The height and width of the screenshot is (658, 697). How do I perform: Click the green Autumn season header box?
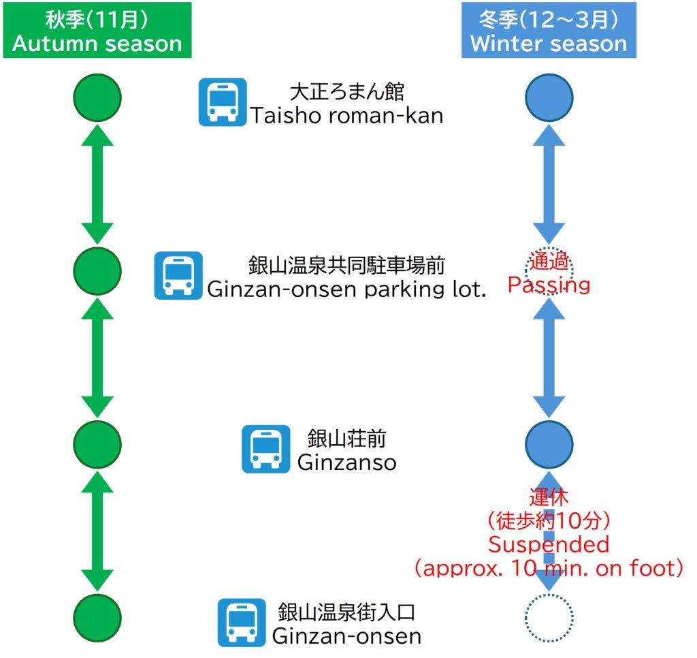[97, 31]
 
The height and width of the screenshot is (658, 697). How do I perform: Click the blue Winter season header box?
[549, 31]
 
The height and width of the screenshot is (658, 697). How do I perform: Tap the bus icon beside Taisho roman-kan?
[223, 102]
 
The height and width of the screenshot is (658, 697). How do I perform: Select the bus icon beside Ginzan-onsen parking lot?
[178, 275]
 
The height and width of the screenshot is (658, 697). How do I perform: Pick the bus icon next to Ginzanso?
[266, 450]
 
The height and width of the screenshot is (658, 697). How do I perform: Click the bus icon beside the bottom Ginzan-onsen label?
[242, 623]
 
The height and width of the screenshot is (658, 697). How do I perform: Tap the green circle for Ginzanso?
[97, 445]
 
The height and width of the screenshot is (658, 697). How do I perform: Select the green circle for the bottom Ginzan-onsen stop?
[97, 618]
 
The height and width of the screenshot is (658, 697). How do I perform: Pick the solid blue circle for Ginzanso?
[549, 445]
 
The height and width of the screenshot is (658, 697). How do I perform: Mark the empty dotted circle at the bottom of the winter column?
[549, 618]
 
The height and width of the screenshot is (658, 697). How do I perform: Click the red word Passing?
[549, 284]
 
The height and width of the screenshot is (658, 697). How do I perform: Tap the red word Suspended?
[549, 544]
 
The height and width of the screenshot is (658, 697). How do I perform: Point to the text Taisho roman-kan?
[346, 115]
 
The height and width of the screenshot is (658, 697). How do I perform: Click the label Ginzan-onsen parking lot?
[346, 289]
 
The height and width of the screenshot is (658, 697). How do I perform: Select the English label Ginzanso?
[346, 463]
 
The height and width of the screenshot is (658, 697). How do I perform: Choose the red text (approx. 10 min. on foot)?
[549, 568]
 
